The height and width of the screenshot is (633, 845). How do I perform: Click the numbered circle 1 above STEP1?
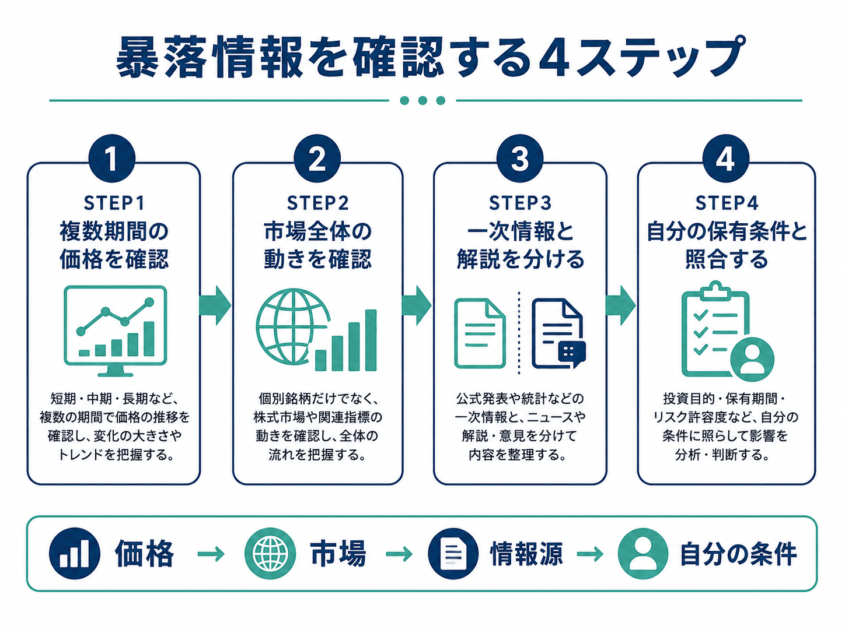point(111,158)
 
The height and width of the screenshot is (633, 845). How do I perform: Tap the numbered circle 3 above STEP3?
point(520,158)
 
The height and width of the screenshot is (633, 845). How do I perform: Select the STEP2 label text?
point(317,203)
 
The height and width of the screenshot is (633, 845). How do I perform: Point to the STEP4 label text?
point(727,203)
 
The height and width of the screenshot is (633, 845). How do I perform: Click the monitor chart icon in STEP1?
point(115,331)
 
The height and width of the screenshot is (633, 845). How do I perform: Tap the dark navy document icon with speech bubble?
point(559,333)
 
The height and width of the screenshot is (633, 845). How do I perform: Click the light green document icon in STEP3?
point(480,333)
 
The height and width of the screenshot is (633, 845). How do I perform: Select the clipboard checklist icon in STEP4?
point(715,329)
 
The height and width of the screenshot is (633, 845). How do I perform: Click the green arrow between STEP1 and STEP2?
point(215,305)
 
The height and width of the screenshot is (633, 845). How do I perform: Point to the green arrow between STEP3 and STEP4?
point(620,305)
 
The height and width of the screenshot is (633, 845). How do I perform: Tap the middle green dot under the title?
point(423,101)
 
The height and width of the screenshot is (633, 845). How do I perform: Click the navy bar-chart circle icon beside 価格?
point(74,554)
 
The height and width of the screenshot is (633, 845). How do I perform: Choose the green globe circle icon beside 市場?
point(270,554)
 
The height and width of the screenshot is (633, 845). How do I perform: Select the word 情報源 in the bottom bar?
point(526,554)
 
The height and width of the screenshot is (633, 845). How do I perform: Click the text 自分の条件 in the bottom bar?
point(738,554)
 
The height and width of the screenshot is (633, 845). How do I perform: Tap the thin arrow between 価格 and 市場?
point(211,554)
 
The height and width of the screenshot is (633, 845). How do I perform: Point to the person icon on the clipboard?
point(752,360)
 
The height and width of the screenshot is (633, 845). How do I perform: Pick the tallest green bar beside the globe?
point(371,340)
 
